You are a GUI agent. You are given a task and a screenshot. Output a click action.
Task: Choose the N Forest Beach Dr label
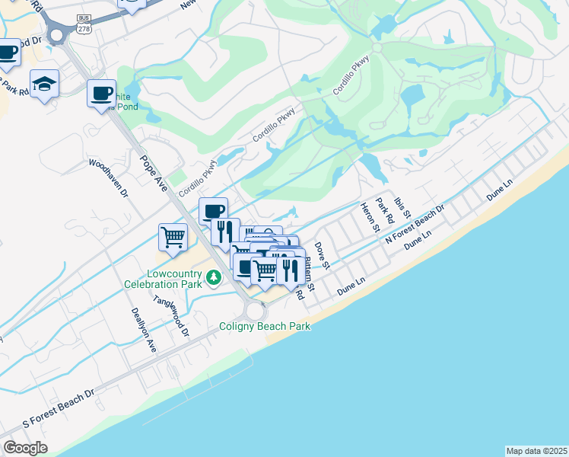(x=415, y=224)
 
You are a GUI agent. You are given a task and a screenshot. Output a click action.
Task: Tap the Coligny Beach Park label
(x=265, y=326)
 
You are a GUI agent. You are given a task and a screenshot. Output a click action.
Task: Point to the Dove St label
(x=322, y=256)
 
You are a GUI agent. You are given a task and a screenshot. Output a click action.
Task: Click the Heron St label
(x=370, y=218)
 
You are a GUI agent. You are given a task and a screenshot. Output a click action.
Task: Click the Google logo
(x=25, y=448)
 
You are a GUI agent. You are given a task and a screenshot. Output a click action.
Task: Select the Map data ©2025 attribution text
(x=537, y=451)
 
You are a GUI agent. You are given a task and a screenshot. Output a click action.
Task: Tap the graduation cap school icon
(x=44, y=85)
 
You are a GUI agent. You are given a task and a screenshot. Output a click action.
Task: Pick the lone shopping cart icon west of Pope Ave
(x=173, y=237)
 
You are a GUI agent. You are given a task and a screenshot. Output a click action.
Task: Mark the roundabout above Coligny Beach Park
(x=256, y=311)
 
